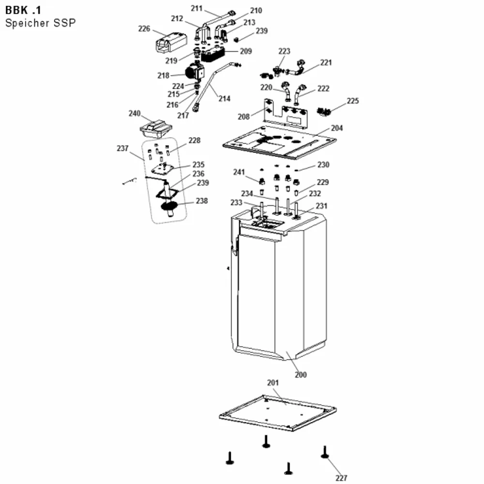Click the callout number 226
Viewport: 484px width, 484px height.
click(144, 29)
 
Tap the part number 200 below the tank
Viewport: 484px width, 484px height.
click(301, 375)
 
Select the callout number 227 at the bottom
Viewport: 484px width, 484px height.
click(341, 478)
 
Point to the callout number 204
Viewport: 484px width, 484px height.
click(337, 128)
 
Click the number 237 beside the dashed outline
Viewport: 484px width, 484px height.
click(122, 149)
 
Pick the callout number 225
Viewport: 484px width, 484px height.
click(353, 101)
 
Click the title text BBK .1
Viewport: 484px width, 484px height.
click(23, 10)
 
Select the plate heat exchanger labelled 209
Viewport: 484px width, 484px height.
click(213, 54)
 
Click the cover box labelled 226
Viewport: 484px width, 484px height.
click(171, 42)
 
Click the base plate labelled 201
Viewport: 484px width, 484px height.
click(278, 413)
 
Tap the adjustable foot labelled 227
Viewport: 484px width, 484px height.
click(324, 453)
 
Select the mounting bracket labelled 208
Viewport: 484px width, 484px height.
click(286, 114)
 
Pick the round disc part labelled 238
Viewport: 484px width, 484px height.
click(169, 206)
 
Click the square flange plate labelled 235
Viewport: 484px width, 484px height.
click(163, 169)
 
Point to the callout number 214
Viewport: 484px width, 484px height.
click(225, 98)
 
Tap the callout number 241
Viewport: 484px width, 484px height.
click(239, 172)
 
